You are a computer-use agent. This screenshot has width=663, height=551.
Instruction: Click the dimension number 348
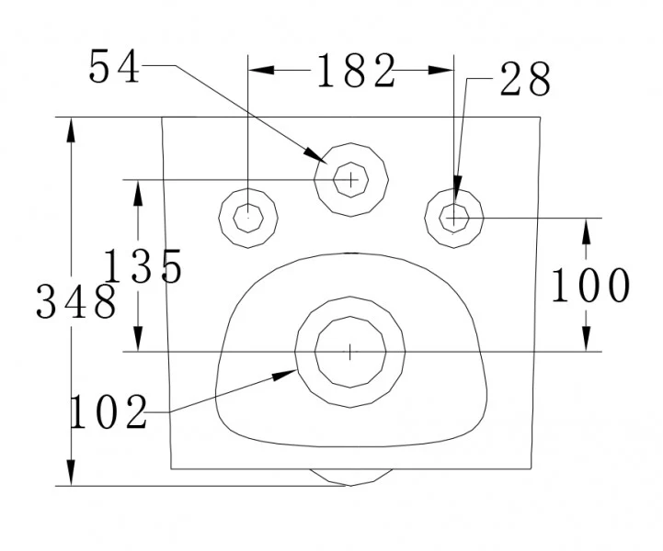[76, 302]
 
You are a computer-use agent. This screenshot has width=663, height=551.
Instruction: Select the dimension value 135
[143, 267]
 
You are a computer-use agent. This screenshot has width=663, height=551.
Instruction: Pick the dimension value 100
[590, 287]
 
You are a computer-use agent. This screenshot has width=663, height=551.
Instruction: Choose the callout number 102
[109, 413]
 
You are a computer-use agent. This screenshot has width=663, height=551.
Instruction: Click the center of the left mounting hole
[248, 218]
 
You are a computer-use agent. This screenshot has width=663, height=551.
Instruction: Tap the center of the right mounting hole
[454, 218]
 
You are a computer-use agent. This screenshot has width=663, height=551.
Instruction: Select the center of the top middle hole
[351, 179]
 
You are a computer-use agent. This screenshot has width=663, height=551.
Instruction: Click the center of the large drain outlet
[350, 351]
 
